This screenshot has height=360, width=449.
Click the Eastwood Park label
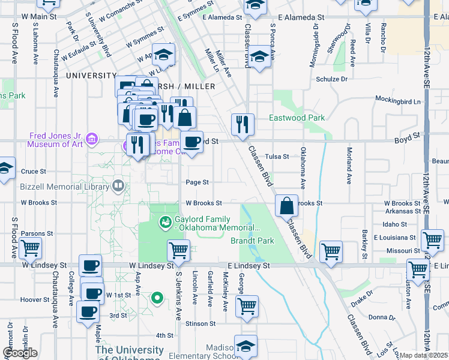(297, 118)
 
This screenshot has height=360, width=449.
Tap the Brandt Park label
(252, 241)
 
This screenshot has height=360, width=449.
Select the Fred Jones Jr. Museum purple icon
(92, 140)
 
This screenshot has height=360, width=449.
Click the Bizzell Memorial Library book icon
(118, 187)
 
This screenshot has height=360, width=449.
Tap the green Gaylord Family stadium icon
(164, 223)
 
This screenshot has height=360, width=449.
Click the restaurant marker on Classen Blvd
(243, 125)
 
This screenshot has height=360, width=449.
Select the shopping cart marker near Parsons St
(30, 248)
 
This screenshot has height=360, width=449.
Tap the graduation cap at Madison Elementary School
(246, 346)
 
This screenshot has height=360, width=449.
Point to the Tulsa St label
(277, 157)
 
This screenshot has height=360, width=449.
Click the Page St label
(197, 182)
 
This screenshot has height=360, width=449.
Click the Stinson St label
(200, 323)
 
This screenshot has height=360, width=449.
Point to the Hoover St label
(30, 299)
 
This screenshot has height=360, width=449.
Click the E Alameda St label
(301, 19)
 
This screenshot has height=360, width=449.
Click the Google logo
(20, 353)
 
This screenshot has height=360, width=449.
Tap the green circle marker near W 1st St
(157, 297)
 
